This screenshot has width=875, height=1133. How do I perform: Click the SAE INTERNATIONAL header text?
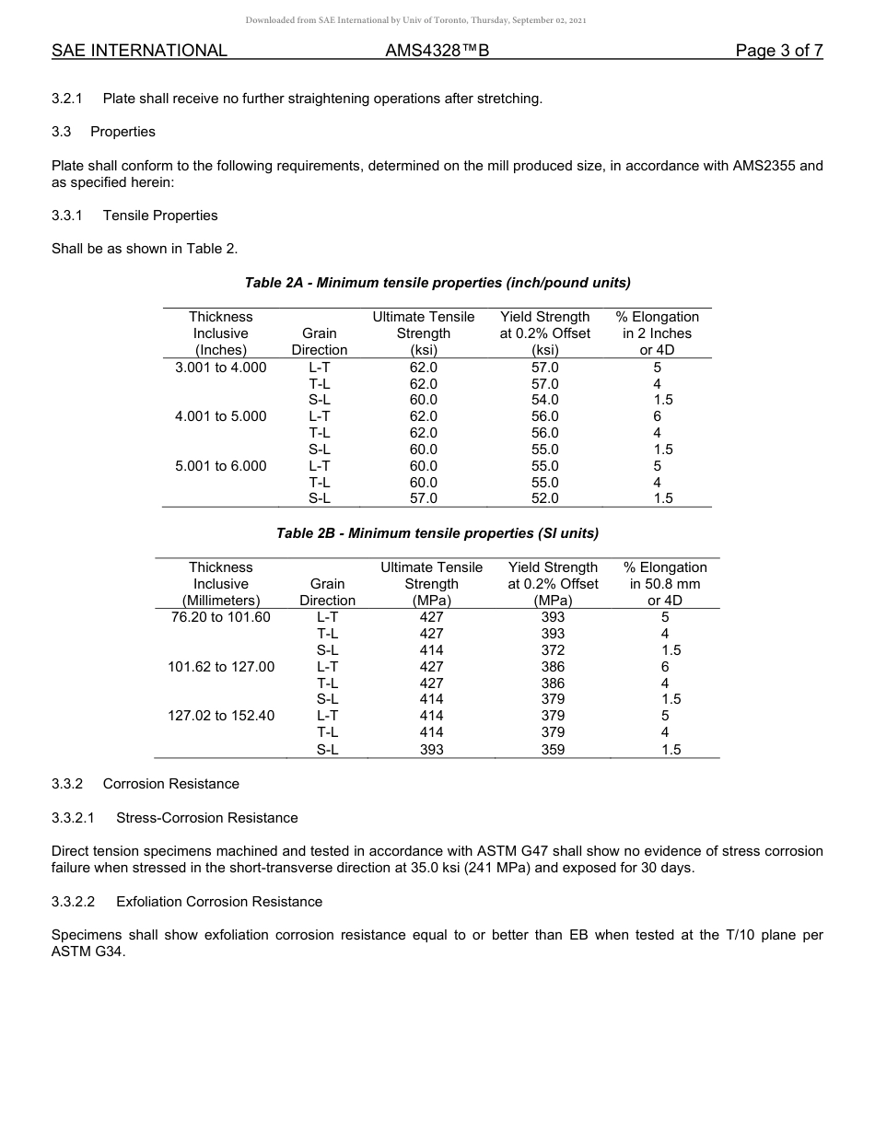(139, 51)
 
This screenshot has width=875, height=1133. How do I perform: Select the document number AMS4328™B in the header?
(437, 51)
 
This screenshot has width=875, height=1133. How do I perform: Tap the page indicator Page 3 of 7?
(778, 51)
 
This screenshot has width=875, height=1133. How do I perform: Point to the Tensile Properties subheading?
(160, 216)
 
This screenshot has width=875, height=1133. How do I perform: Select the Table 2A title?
(437, 282)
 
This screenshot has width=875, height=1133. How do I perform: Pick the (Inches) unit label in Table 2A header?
(220, 350)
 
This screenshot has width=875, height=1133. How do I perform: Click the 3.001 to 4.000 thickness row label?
(220, 368)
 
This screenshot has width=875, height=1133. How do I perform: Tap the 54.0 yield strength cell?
(544, 400)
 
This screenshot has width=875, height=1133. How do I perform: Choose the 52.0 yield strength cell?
(544, 498)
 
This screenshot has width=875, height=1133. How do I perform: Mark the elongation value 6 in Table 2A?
(657, 416)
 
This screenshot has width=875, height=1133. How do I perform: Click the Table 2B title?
(437, 533)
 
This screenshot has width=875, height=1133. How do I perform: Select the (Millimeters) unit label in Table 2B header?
(220, 601)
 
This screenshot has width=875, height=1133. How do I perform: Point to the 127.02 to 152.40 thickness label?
(220, 716)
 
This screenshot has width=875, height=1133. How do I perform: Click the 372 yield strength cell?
(553, 650)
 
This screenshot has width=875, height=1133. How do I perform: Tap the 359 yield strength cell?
(553, 750)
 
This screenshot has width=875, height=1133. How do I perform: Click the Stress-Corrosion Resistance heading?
(206, 818)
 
